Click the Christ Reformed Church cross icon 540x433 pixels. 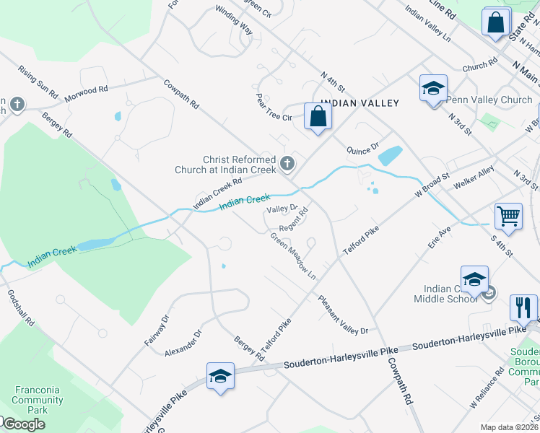tap(287, 164)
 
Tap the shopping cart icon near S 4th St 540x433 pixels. tap(508, 215)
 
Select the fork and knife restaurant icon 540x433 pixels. tap(523, 307)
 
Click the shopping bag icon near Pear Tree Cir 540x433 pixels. tap(318, 116)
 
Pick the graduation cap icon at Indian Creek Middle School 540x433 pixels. tap(474, 279)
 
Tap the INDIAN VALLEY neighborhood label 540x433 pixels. tap(360, 103)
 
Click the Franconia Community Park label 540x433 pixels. tap(37, 400)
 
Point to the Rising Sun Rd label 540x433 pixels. tap(38, 83)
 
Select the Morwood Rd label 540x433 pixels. tap(86, 93)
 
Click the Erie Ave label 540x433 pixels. tap(439, 236)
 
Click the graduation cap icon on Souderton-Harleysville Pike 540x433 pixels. tap(220, 376)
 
